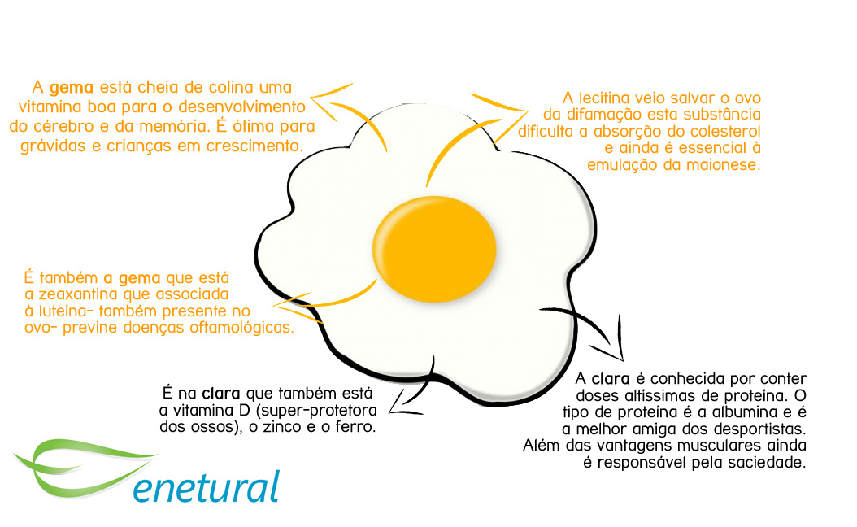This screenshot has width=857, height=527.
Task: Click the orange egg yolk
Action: (x=433, y=246)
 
